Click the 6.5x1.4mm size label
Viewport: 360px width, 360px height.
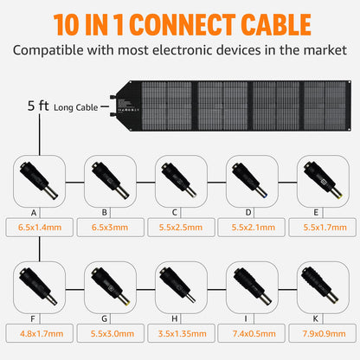pyautogui.click(x=40, y=228)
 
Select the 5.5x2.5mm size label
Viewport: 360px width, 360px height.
pyautogui.click(x=181, y=228)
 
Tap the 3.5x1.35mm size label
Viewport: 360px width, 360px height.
pyautogui.click(x=183, y=334)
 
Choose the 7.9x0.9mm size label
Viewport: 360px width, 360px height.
pyautogui.click(x=324, y=334)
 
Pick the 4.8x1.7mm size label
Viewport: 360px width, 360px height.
pyautogui.click(x=42, y=334)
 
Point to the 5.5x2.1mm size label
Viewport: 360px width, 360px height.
pyautogui.click(x=254, y=228)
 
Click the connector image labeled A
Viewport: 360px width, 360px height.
pyautogui.click(x=39, y=181)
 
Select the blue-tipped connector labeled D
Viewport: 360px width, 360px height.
pyautogui.click(x=250, y=180)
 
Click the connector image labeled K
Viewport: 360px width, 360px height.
pyautogui.click(x=320, y=285)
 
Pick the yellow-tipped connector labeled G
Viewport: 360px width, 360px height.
pyautogui.click(x=111, y=286)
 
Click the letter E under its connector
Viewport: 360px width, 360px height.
pyautogui.click(x=316, y=213)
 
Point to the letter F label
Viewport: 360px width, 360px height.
pyautogui.click(x=33, y=319)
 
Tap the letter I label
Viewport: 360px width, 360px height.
pyautogui.click(x=246, y=318)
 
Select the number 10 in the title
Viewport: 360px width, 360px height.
pyautogui.click(x=67, y=25)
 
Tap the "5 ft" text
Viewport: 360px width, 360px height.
pyautogui.click(x=38, y=106)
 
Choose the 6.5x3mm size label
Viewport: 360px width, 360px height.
pyautogui.click(x=110, y=228)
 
